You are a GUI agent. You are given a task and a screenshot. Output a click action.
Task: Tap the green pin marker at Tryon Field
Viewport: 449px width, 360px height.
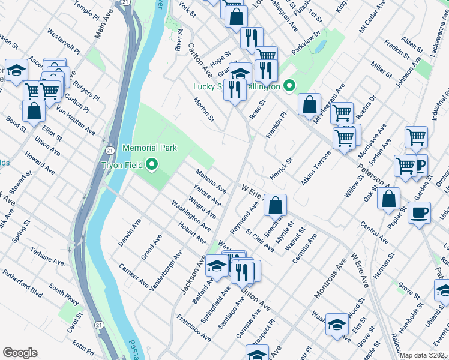coord(152,164)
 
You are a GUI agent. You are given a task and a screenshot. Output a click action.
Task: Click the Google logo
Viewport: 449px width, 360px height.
coord(20,352)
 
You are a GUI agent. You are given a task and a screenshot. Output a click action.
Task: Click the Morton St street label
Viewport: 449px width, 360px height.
coord(204,109)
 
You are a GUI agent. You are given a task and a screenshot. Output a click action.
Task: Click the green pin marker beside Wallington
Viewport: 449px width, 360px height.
coord(290,86)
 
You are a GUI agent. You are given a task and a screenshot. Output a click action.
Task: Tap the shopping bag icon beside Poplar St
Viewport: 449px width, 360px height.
coord(389,198)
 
